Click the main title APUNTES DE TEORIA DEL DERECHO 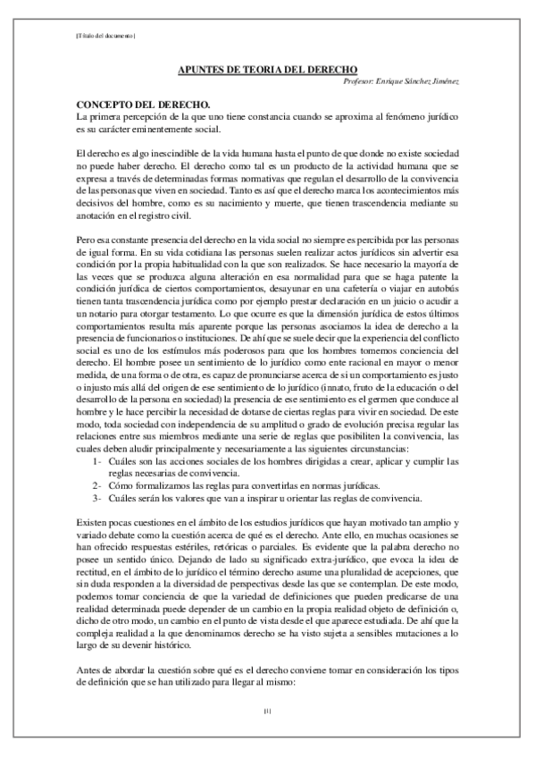tap(268, 69)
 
